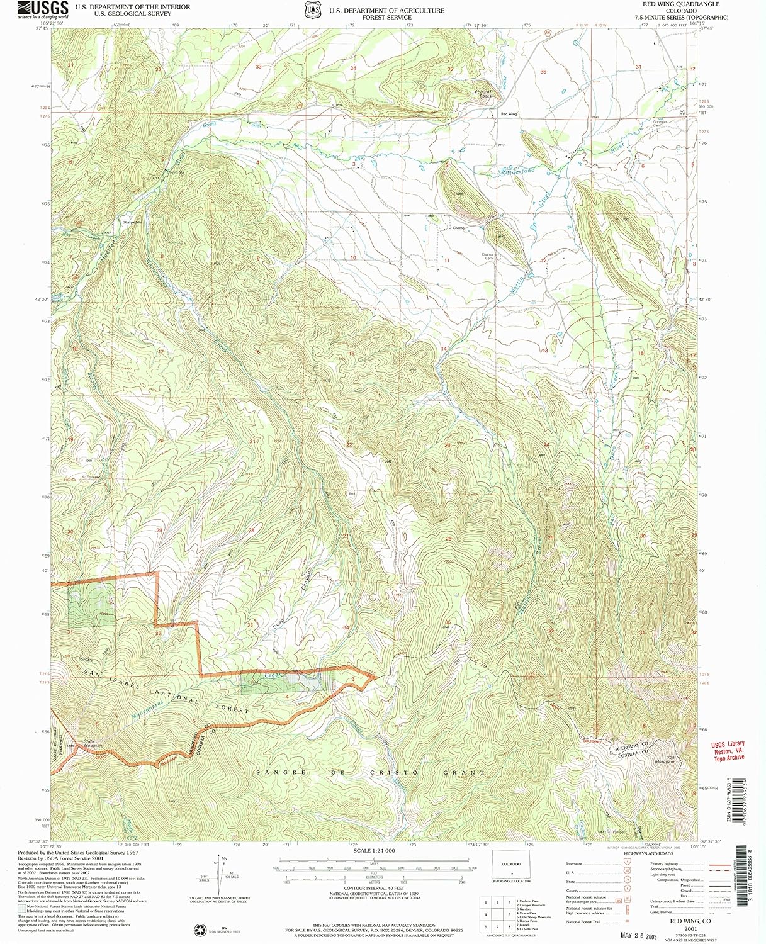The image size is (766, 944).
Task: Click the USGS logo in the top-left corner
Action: [x=43, y=9]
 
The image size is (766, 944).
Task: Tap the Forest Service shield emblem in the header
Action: [x=313, y=10]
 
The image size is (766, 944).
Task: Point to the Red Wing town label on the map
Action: [x=509, y=114]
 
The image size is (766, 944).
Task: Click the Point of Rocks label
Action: [x=483, y=94]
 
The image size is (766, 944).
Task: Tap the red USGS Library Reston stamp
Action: [x=728, y=751]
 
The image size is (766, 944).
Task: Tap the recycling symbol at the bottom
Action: [x=200, y=930]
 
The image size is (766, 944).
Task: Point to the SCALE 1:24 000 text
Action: [x=374, y=851]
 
